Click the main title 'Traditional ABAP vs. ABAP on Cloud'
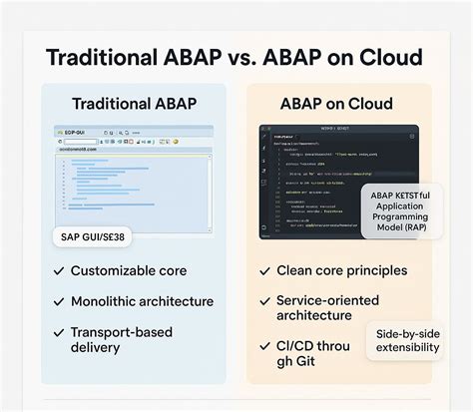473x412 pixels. click(236, 56)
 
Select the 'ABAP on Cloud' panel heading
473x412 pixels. click(337, 104)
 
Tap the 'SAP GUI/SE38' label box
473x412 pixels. click(96, 237)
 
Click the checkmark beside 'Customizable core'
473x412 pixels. click(58, 271)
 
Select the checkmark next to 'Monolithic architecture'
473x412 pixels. click(58, 301)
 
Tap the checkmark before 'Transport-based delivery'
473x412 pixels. click(58, 331)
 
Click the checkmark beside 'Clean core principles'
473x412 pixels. click(265, 271)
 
